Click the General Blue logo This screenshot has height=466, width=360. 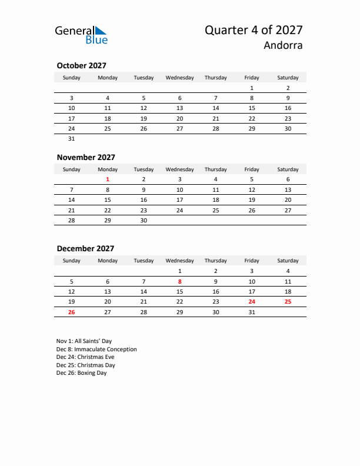pyautogui.click(x=81, y=34)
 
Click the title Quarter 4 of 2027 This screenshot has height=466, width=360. pyautogui.click(x=254, y=30)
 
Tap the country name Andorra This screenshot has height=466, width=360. pyautogui.click(x=284, y=46)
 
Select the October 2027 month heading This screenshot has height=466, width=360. pyautogui.click(x=81, y=66)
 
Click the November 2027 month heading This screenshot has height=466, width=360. pyautogui.click(x=86, y=157)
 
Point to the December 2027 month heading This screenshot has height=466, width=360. pyautogui.click(x=85, y=248)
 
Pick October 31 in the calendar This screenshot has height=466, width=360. pyautogui.click(x=72, y=139)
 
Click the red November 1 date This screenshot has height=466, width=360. pyautogui.click(x=108, y=179)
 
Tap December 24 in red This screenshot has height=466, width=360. pyautogui.click(x=252, y=301)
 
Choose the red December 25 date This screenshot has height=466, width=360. pyautogui.click(x=288, y=301)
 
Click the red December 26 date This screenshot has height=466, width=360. pyautogui.click(x=72, y=312)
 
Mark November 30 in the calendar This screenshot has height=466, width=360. pyautogui.click(x=144, y=220)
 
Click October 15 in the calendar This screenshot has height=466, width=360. pyautogui.click(x=252, y=108)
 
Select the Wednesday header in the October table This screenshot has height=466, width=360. pyautogui.click(x=179, y=78)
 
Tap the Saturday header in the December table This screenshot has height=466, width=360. pyautogui.click(x=288, y=261)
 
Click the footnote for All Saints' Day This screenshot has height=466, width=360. pyautogui.click(x=84, y=341)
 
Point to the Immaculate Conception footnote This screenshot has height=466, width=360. pyautogui.click(x=96, y=349)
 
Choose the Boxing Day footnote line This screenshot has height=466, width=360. pyautogui.click(x=82, y=373)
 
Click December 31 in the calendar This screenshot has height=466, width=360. pyautogui.click(x=252, y=312)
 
